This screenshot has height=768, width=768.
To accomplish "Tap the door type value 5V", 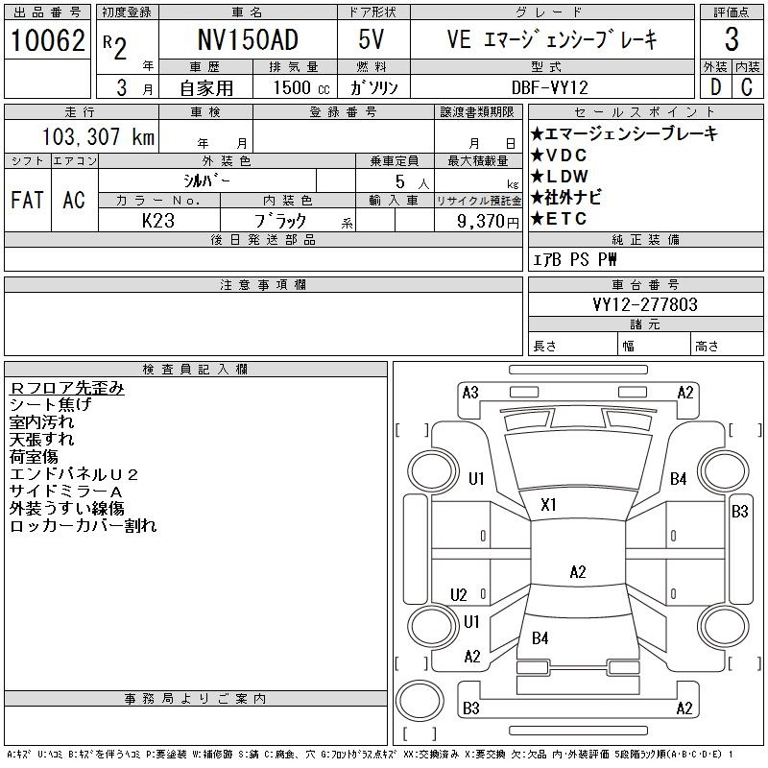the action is coord(373,41).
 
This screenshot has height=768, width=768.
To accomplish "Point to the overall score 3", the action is coord(732,40).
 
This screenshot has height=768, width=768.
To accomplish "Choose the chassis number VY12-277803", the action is coord(645,304).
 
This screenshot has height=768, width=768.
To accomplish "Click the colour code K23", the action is coord(157,220).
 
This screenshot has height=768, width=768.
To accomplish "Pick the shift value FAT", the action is coord(27,200).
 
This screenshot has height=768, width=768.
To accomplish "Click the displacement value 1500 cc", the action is coord(296,86).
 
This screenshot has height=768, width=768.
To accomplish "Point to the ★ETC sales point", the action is coord(558,219).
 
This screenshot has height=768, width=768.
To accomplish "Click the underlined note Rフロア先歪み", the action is coord(67,389).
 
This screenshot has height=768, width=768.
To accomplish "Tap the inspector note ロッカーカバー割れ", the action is coord(83,526).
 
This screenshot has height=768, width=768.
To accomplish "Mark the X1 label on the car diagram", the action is coord(549,505).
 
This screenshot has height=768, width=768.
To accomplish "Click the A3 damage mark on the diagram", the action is coord(470,392).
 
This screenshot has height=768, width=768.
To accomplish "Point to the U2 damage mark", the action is coord(459,595).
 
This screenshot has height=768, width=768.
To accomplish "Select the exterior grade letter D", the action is coord(714,86).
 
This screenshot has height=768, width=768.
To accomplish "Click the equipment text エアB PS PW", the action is coord(575,259).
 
